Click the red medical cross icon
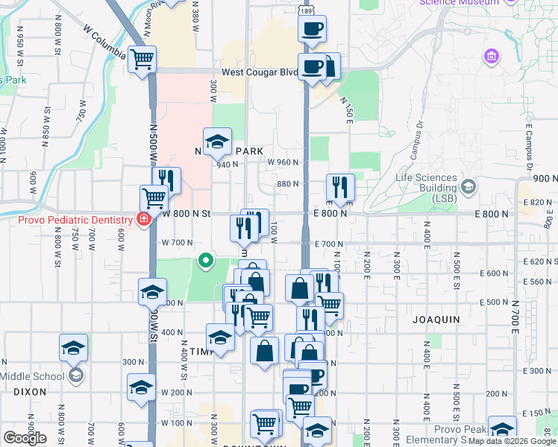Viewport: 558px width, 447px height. point(142,219)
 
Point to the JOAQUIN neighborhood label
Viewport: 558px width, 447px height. point(436,319)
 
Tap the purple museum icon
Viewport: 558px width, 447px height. point(491,57)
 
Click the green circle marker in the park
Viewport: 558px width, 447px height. point(206,261)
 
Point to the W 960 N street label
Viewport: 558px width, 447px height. point(283,162)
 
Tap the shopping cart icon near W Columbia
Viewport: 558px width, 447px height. point(142,59)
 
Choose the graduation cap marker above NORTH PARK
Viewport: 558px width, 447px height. point(217,142)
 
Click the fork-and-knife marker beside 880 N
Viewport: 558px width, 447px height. point(340,187)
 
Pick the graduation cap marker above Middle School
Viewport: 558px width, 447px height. point(74,347)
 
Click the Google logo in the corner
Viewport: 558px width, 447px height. point(25,438)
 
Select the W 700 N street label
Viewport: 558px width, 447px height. point(177,243)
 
